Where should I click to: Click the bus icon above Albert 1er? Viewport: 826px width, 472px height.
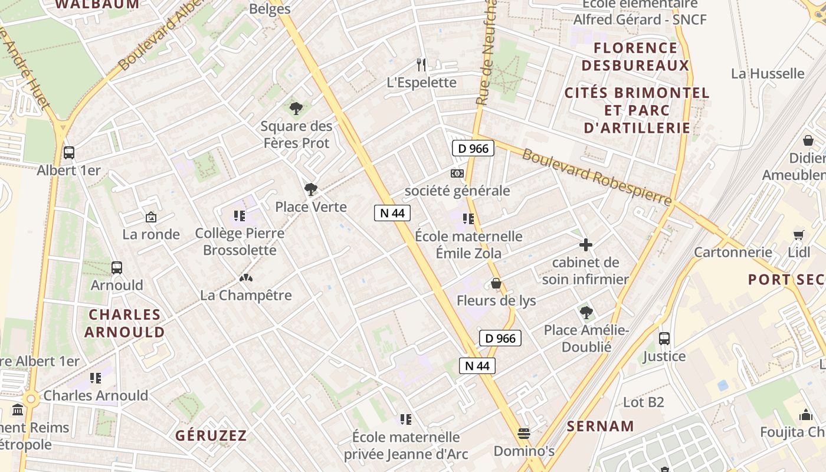coord(69,153)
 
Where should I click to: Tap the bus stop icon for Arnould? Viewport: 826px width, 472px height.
coord(117,268)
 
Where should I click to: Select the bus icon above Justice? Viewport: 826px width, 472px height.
coord(664,339)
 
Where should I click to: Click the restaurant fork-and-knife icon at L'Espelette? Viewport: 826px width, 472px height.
coord(421,64)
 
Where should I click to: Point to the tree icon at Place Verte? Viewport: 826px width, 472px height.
coord(311,189)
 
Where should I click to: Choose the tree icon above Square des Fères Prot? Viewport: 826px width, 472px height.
coord(296,109)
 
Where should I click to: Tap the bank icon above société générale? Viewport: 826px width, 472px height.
coord(457,173)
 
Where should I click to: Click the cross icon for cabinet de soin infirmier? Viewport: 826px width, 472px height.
coord(586,245)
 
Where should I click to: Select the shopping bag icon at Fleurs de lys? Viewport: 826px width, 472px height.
coord(496,284)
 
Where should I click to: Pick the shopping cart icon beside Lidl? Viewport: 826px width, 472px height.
coord(799,235)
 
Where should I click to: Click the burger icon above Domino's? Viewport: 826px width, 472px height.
coord(524,434)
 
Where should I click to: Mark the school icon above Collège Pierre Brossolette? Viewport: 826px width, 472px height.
coord(239,216)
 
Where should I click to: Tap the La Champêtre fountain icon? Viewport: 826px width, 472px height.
coord(245,278)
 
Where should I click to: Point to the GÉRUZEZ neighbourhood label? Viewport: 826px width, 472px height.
coord(211,436)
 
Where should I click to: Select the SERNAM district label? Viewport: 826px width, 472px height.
coord(601,426)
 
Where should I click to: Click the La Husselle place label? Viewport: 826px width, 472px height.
coord(768,74)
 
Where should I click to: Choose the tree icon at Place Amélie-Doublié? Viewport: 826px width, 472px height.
coord(586,313)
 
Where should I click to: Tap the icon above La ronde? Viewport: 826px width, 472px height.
coord(151,217)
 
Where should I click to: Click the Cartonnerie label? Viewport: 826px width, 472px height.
coord(733,253)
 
